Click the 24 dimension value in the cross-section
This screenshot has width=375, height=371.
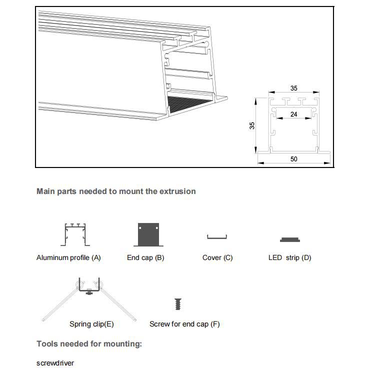(294, 114)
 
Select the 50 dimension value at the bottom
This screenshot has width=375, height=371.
(293, 159)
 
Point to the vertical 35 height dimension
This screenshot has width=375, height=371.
(252, 125)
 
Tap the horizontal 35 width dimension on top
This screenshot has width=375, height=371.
(294, 88)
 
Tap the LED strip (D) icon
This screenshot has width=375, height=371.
(290, 239)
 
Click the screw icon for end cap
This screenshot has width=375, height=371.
(177, 304)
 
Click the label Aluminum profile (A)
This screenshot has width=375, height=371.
(68, 257)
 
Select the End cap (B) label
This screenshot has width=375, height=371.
(145, 257)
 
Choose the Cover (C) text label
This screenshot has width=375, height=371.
(217, 257)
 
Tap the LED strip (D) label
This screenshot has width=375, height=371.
(290, 257)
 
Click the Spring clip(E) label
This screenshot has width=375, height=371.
(91, 324)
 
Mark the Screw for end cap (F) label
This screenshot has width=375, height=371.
(184, 324)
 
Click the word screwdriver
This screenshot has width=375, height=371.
(55, 363)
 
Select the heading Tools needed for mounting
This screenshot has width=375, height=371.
(89, 343)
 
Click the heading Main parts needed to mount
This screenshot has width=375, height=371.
(116, 191)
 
